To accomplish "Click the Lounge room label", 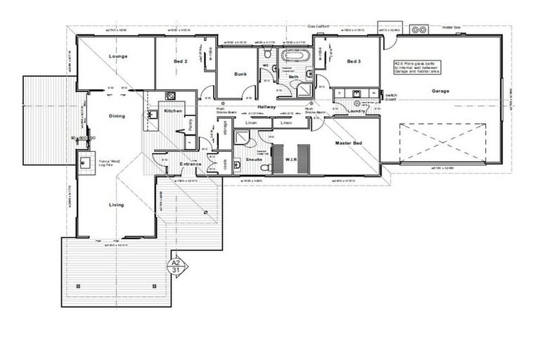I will point(117,56).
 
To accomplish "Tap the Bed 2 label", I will point(180,62).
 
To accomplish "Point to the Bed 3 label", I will point(354,61).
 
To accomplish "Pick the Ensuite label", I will point(255,159).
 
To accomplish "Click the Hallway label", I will point(267,106).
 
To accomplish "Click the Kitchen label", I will point(173,111).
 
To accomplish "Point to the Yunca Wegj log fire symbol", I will point(87,164).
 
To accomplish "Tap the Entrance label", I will point(191,165).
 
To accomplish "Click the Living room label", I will point(116,205).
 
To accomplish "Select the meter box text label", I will point(451,27).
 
